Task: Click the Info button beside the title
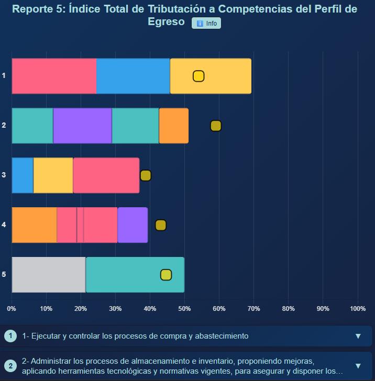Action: [x=206, y=23]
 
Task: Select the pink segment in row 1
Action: [x=54, y=76]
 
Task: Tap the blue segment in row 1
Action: [x=133, y=76]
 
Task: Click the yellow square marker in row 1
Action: [x=198, y=76]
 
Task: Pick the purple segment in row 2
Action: [x=82, y=126]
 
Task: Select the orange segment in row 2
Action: [x=173, y=126]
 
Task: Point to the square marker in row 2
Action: [x=216, y=126]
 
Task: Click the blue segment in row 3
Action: [x=23, y=175]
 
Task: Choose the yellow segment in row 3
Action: [x=53, y=175]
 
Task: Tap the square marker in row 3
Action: [x=146, y=176]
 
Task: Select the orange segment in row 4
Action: [x=34, y=225]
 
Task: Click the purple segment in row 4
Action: [x=133, y=225]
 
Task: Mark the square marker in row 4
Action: [x=161, y=225]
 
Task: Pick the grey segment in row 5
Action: [x=48, y=275]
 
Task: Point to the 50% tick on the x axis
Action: [x=184, y=308]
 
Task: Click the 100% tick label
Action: [x=357, y=308]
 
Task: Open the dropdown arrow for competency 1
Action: [x=358, y=336]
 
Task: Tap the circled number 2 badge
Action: [x=10, y=366]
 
